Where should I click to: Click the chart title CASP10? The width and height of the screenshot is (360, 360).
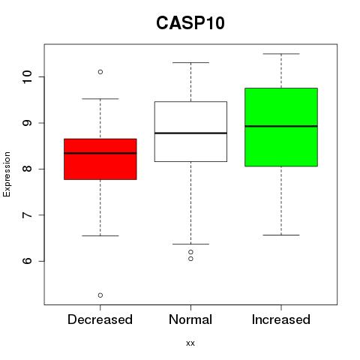point(190,23)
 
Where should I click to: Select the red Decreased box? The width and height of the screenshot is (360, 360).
point(100,159)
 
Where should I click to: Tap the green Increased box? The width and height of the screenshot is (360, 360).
point(281,127)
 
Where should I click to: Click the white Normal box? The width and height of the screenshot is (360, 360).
point(190,131)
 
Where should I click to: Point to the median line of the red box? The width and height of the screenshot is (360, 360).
point(100,153)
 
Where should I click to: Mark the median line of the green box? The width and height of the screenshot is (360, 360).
point(281,126)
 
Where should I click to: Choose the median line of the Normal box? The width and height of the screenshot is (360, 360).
point(190,133)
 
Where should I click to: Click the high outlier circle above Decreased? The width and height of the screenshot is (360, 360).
point(100,72)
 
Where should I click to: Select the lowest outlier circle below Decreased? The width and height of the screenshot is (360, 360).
point(100,295)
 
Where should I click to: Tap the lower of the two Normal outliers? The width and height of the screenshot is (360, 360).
point(190,259)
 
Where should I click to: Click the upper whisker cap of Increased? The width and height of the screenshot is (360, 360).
point(281,54)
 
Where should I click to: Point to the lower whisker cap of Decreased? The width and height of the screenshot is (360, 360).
point(100,235)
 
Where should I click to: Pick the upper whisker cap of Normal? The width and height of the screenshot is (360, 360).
point(190,62)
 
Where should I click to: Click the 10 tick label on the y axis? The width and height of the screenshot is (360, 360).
point(28,77)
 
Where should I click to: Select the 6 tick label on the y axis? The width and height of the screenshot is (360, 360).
point(28,261)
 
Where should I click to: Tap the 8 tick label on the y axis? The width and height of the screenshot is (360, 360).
point(28,169)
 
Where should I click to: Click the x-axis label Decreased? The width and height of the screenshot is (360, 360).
point(100,319)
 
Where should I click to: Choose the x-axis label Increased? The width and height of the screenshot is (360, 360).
point(281,319)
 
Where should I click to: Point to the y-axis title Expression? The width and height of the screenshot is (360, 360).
point(7,174)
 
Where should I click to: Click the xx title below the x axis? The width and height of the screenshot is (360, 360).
point(190,343)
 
